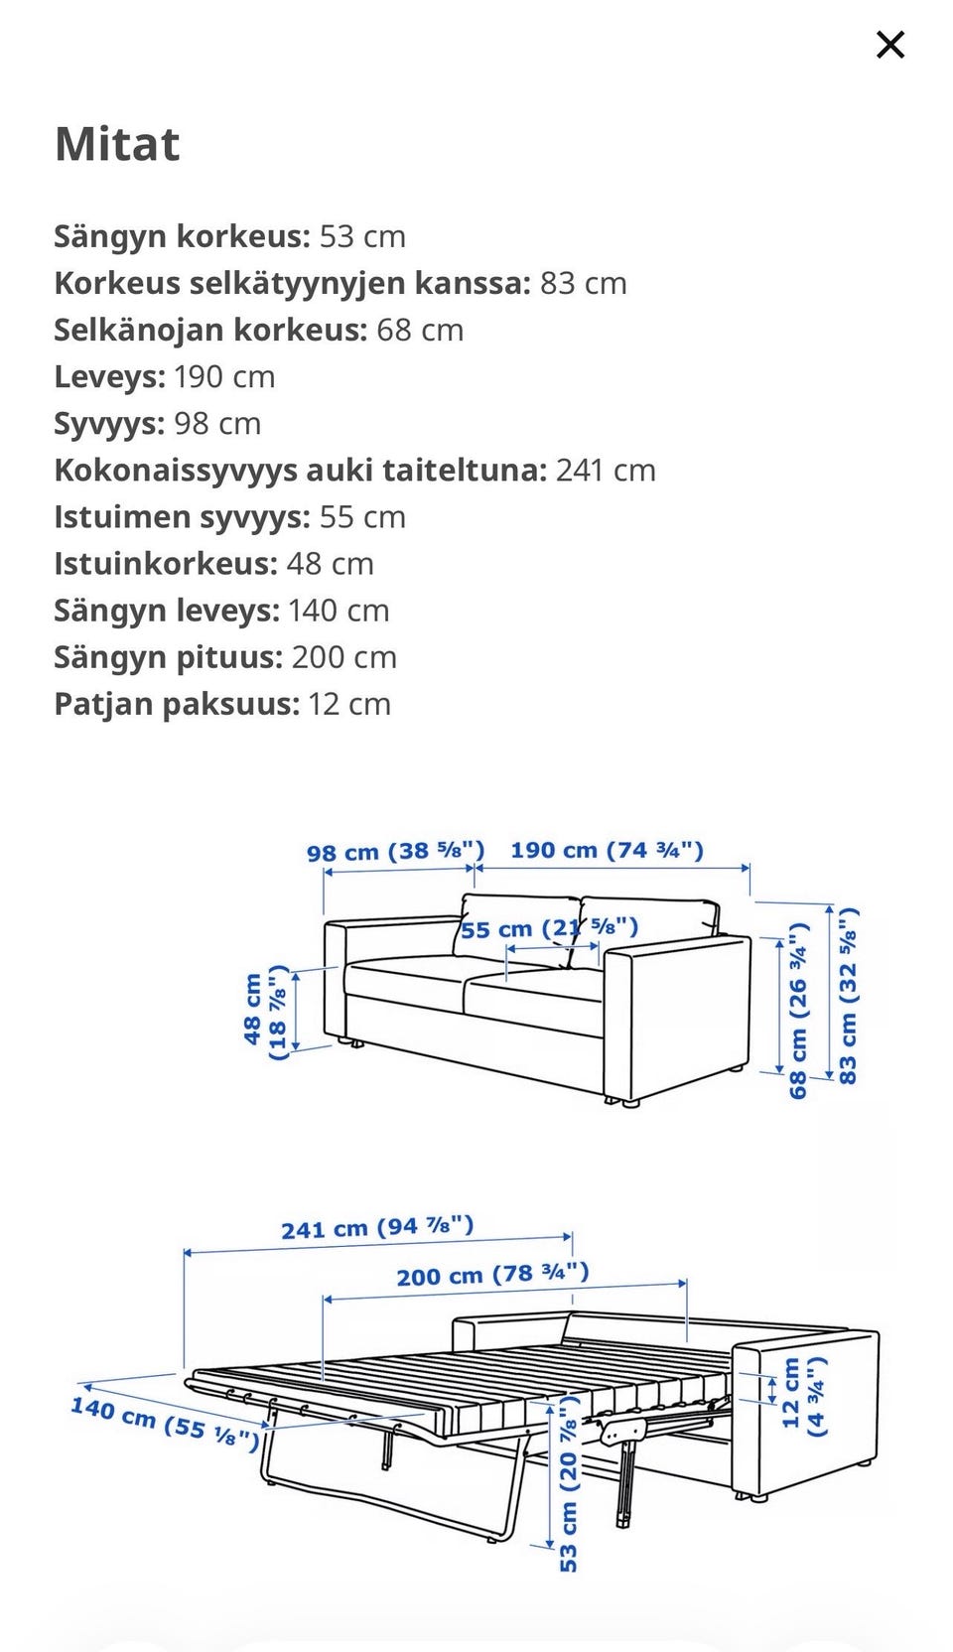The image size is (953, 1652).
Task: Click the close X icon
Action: [890, 45]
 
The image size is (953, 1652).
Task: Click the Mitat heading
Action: [117, 145]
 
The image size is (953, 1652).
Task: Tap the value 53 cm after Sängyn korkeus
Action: [362, 237]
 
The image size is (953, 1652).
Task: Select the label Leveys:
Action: [109, 377]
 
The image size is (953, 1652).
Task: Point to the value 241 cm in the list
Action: [606, 471]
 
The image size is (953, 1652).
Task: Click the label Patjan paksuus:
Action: [177, 705]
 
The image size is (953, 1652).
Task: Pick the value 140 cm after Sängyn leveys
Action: [339, 611]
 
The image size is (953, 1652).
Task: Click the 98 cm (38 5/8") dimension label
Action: [395, 852]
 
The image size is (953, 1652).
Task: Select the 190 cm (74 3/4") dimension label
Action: [607, 850]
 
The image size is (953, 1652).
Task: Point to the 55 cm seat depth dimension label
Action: [549, 929]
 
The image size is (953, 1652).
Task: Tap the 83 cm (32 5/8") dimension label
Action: [848, 995]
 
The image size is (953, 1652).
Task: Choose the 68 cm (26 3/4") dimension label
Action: [798, 1011]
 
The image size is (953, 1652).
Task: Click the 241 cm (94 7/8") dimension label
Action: [377, 1228]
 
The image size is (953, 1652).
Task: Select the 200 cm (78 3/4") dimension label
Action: [492, 1274]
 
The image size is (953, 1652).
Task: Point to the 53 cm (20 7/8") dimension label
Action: [568, 1483]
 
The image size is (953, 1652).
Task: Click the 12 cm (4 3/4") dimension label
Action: [803, 1397]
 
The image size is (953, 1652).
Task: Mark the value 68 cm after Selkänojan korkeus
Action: [420, 331]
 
